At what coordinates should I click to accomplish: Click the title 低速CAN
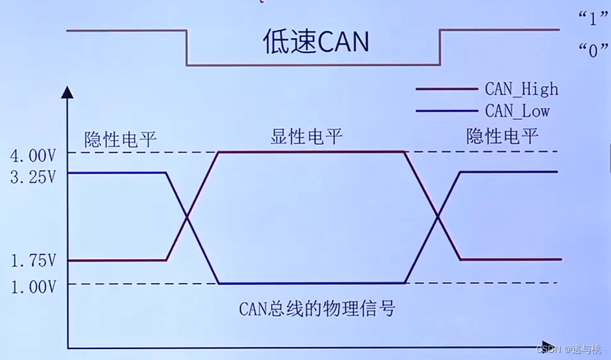[316, 41]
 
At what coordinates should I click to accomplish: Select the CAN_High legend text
[521, 89]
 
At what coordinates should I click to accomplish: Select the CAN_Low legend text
[517, 111]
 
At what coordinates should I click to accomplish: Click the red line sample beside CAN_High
[446, 89]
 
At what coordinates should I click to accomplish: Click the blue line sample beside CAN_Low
[446, 111]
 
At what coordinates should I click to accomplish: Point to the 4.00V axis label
[33, 156]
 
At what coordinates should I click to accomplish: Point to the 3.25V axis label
[33, 177]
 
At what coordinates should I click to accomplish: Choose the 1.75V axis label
[33, 261]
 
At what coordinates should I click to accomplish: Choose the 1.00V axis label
[33, 286]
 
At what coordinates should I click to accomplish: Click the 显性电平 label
[306, 137]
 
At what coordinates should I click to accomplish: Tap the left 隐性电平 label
[120, 138]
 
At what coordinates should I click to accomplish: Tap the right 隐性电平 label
[502, 136]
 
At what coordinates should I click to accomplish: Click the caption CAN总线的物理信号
[316, 309]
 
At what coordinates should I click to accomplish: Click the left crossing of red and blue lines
[188, 217]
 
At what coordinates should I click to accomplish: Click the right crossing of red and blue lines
[438, 216]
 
